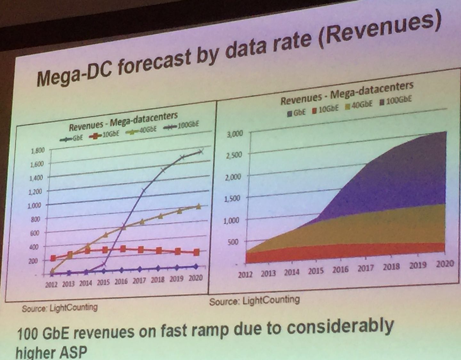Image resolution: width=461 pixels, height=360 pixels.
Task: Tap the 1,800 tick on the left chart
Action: (x=37, y=150)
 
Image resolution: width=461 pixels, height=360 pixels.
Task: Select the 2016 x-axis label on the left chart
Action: (x=121, y=281)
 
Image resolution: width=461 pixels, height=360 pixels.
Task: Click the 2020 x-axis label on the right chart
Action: (x=445, y=264)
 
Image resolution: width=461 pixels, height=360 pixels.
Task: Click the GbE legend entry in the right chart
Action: (x=297, y=112)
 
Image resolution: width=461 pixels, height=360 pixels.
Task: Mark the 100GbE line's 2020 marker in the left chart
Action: (x=201, y=151)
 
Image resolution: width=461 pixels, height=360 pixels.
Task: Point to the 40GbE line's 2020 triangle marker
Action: (x=198, y=207)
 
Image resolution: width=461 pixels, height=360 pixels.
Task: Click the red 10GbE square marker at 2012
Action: (x=53, y=258)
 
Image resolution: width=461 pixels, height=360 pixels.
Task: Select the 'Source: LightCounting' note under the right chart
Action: (x=255, y=300)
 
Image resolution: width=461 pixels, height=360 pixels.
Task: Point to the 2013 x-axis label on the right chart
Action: (x=268, y=274)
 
